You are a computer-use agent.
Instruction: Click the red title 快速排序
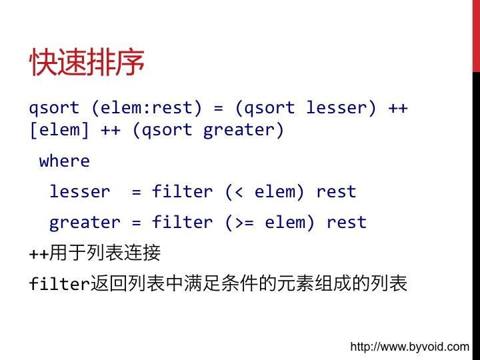click(87, 62)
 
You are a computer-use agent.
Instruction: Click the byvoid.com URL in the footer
click(409, 347)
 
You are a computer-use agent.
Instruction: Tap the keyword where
click(64, 161)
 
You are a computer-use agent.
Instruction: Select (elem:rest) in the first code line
click(147, 108)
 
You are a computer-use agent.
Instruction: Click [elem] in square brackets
click(59, 130)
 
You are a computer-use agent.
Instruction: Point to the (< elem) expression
click(265, 192)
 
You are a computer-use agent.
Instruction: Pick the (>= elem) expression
click(270, 223)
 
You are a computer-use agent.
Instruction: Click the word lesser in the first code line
click(336, 107)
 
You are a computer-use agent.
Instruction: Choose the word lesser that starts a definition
click(79, 191)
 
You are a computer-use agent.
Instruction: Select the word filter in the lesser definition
click(182, 191)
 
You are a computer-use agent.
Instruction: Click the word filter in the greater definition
click(182, 221)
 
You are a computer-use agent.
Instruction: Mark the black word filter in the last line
click(59, 283)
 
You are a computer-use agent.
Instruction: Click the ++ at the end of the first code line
click(398, 108)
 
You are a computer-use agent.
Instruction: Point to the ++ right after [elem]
click(111, 131)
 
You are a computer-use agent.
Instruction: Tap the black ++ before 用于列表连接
click(39, 254)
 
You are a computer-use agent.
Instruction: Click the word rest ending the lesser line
click(336, 192)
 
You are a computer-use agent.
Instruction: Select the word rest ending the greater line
click(346, 223)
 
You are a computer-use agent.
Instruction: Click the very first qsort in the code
click(54, 109)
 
